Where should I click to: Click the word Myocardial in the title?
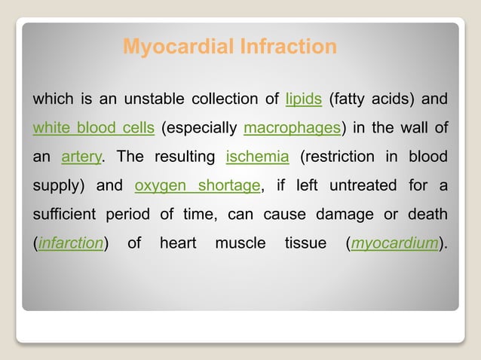pyautogui.click(x=168, y=47)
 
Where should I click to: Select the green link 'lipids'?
pyautogui.click(x=304, y=99)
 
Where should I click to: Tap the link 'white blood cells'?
pyautogui.click(x=93, y=128)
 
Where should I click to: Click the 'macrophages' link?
pyautogui.click(x=293, y=128)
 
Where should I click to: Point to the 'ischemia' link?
pyautogui.click(x=257, y=157)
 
